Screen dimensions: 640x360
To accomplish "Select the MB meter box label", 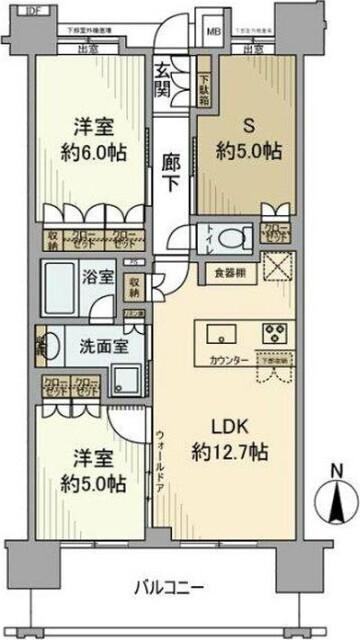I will pos(212,31).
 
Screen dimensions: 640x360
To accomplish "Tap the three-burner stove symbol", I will pos(273,332).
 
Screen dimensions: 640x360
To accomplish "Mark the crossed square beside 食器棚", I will pos(276,269).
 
